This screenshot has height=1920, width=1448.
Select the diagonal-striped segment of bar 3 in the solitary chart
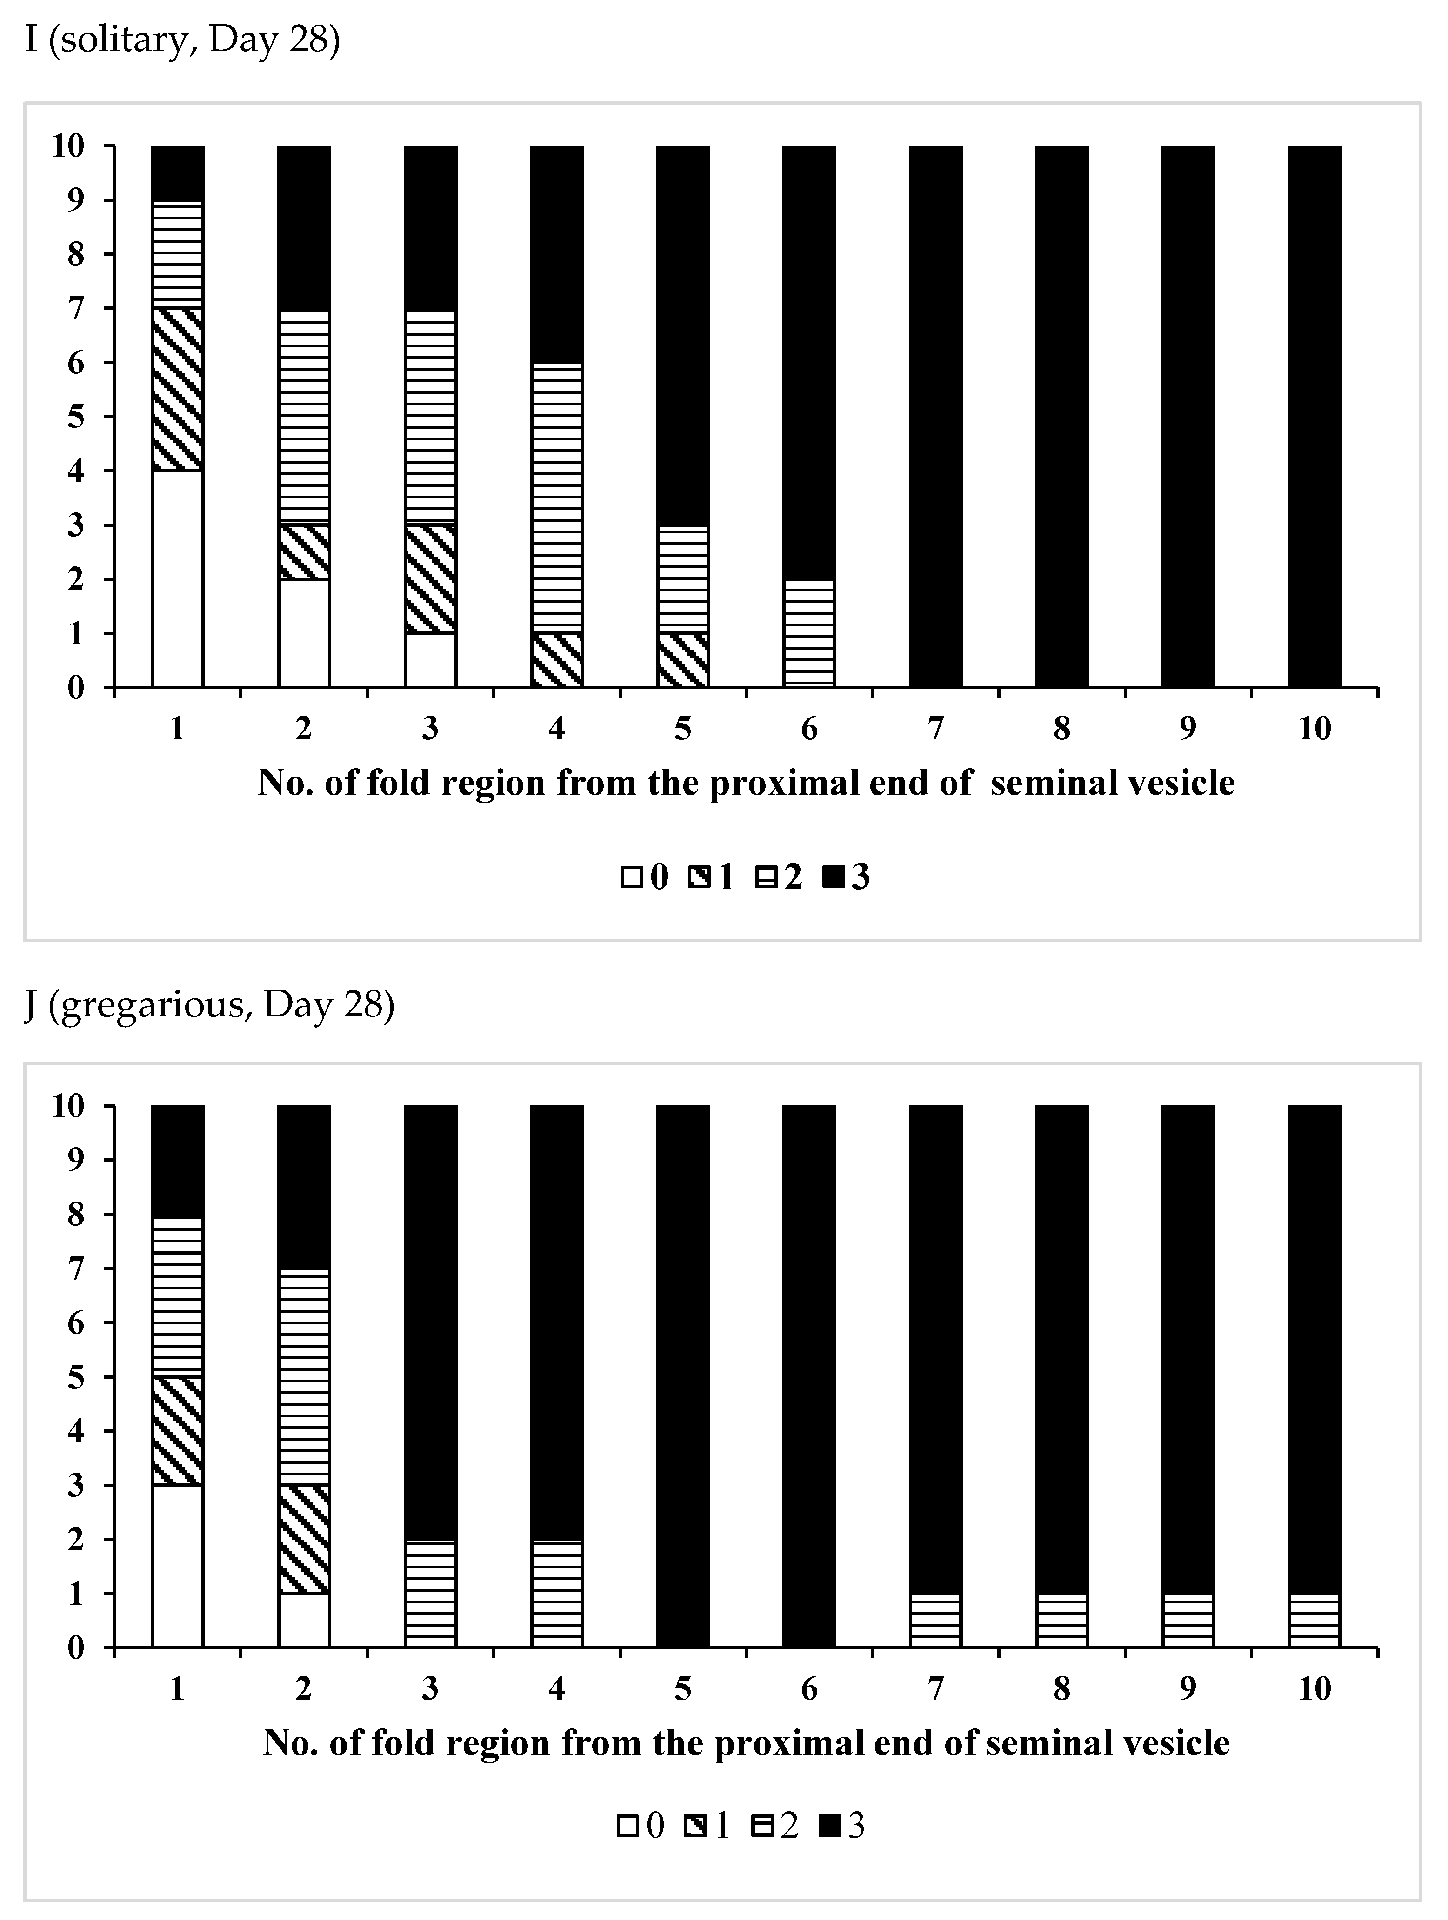430,579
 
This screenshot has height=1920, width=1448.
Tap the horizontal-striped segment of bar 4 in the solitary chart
556,498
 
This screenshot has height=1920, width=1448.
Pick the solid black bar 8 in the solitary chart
1061,417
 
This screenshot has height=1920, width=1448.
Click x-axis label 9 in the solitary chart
1188,728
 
